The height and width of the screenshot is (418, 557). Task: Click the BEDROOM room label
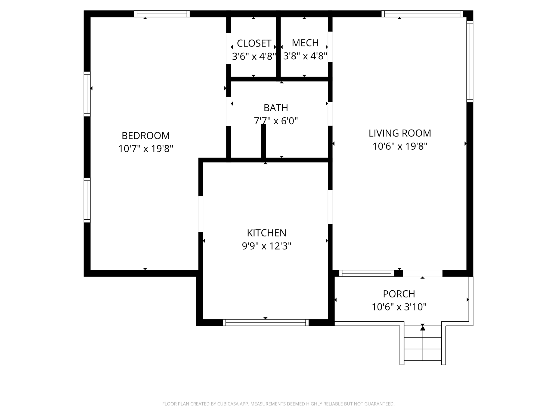pyautogui.click(x=146, y=136)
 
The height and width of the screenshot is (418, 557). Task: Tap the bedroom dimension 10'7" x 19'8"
pyautogui.click(x=146, y=149)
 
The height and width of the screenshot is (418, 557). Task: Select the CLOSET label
pyautogui.click(x=254, y=43)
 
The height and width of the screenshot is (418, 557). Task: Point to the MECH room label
pyautogui.click(x=305, y=43)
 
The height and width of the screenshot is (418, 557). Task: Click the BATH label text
pyautogui.click(x=276, y=108)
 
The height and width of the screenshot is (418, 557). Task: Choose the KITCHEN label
pyautogui.click(x=267, y=233)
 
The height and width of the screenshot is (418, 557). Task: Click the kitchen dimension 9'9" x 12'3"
pyautogui.click(x=267, y=246)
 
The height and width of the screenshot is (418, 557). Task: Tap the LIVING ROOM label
pyautogui.click(x=400, y=133)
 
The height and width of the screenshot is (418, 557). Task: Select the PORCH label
pyautogui.click(x=399, y=294)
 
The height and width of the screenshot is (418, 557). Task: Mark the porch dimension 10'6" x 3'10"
pyautogui.click(x=399, y=307)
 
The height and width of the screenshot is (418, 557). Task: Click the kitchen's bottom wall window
pyautogui.click(x=266, y=323)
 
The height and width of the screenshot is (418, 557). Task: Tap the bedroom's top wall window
pyautogui.click(x=162, y=14)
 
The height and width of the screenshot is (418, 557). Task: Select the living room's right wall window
pyautogui.click(x=470, y=62)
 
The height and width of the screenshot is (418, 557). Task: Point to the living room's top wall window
pyautogui.click(x=422, y=14)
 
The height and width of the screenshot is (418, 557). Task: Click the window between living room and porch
pyautogui.click(x=367, y=273)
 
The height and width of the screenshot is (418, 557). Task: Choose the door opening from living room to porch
pyautogui.click(x=423, y=273)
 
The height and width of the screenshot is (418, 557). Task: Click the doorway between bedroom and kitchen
pyautogui.click(x=201, y=214)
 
